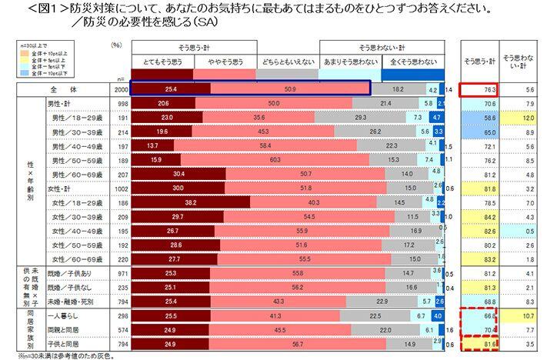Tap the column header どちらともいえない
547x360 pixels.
(x=287, y=60)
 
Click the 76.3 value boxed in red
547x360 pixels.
(x=477, y=89)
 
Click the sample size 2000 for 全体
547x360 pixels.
(x=119, y=89)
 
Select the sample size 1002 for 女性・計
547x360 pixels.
(x=119, y=188)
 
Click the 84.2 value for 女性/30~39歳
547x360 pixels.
(x=477, y=217)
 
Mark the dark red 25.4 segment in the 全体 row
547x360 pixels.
(x=171, y=89)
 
